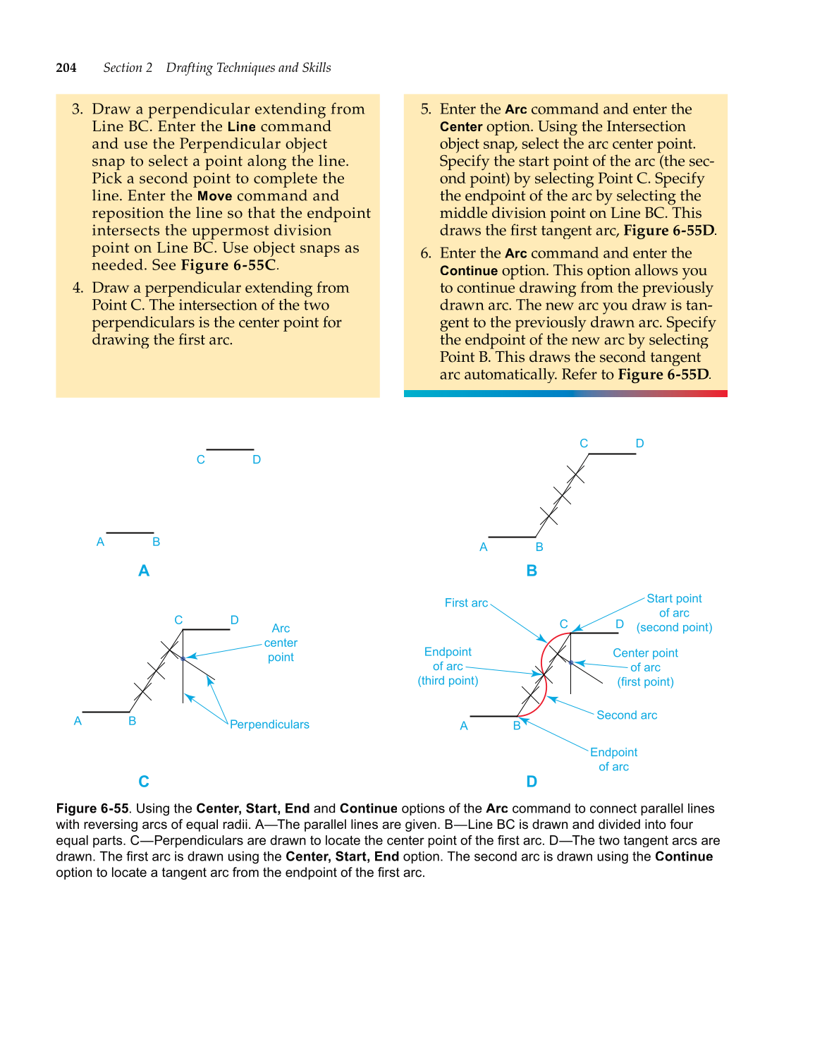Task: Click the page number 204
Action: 66,68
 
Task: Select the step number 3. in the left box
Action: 77,109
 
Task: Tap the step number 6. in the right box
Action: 425,253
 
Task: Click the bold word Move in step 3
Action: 214,196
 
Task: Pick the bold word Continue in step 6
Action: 469,271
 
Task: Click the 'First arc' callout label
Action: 466,602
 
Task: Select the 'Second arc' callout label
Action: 627,715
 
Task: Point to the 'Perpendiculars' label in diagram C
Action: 269,724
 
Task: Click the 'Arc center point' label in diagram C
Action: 281,643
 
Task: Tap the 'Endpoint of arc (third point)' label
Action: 448,666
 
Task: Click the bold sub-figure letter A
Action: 144,571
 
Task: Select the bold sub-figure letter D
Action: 532,781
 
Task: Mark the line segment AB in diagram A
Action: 130,533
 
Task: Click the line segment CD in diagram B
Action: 612,454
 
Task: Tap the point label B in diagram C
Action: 132,721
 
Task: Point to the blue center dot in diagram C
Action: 183,658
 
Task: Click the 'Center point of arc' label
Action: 645,667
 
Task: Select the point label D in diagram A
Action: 257,460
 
